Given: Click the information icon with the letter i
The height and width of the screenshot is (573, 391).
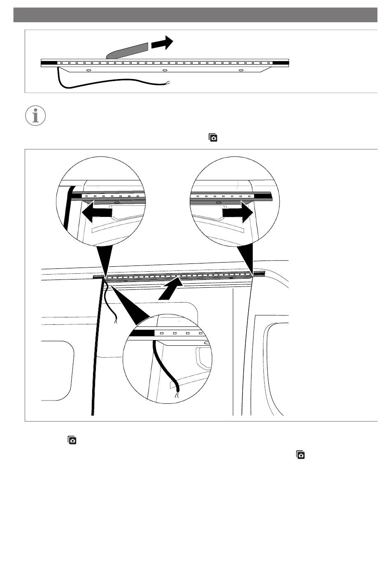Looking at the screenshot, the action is [35, 116].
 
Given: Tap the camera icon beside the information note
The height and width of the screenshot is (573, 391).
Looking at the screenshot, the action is [213, 138].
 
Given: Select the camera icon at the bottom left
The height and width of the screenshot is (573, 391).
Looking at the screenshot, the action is [72, 440].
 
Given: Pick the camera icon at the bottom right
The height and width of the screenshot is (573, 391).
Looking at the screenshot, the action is [300, 455].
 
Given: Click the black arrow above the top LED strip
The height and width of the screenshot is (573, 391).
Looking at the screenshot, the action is [162, 43].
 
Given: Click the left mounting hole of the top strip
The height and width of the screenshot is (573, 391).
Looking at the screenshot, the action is [88, 70].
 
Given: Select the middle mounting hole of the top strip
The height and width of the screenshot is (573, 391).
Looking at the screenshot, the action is [165, 70].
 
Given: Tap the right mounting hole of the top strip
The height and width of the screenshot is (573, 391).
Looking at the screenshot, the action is [241, 70].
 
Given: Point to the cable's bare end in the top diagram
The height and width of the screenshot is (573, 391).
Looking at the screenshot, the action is [168, 84].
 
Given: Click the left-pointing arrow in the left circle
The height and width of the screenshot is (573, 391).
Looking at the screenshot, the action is [97, 212].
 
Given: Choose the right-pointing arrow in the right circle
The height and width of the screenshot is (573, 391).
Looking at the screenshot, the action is [237, 212].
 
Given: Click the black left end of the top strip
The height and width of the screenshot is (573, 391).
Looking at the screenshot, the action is [49, 63].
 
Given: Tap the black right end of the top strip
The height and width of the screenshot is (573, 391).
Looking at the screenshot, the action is [281, 63].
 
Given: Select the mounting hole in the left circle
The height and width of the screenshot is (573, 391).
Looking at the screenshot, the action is [116, 203].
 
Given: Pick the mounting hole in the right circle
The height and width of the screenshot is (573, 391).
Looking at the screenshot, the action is [218, 203].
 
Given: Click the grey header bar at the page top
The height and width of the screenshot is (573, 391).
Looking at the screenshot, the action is [195, 15].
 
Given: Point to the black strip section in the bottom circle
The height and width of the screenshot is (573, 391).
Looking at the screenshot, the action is [141, 333].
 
